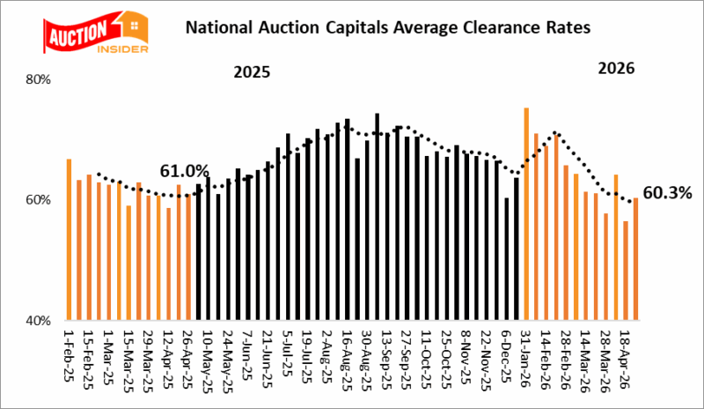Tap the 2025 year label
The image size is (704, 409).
[x=252, y=71]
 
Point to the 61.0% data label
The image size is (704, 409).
[x=184, y=171]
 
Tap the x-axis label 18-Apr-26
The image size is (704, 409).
[x=625, y=359]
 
